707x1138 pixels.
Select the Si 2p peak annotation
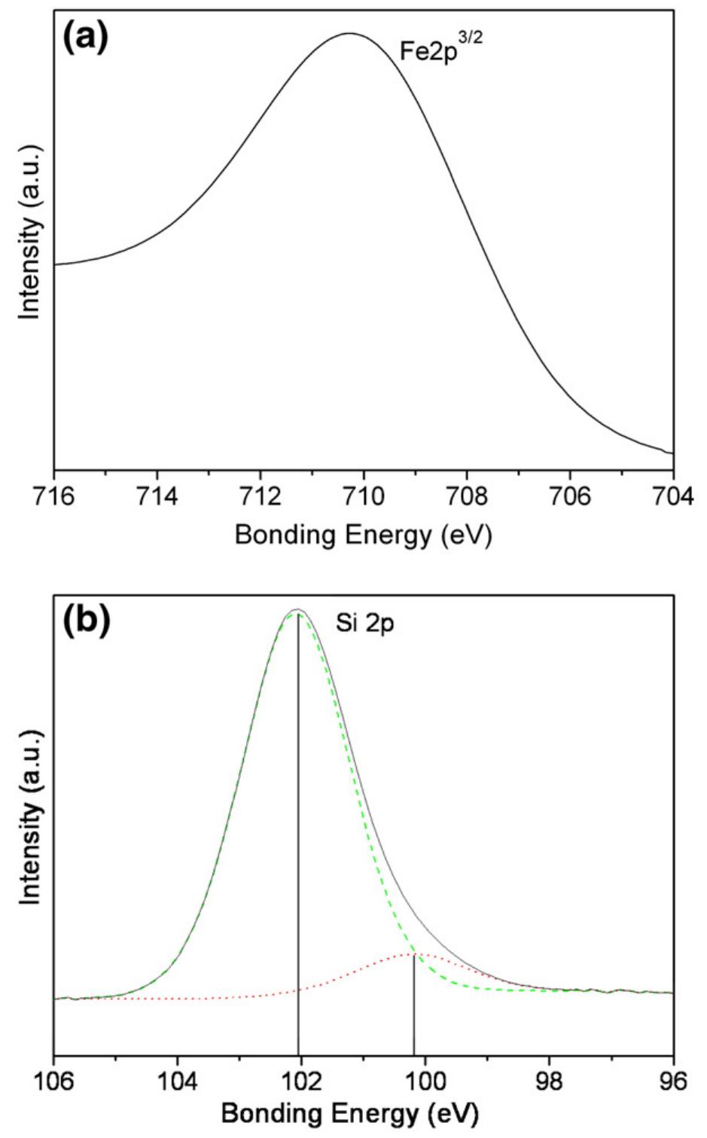pyautogui.click(x=364, y=624)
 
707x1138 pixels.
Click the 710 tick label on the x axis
pyautogui.click(x=364, y=499)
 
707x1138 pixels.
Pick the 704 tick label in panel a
pyautogui.click(x=672, y=499)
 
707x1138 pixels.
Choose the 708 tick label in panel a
pyautogui.click(x=467, y=499)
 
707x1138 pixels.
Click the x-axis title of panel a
pyautogui.click(x=363, y=535)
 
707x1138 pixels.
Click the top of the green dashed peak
pyautogui.click(x=298, y=615)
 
